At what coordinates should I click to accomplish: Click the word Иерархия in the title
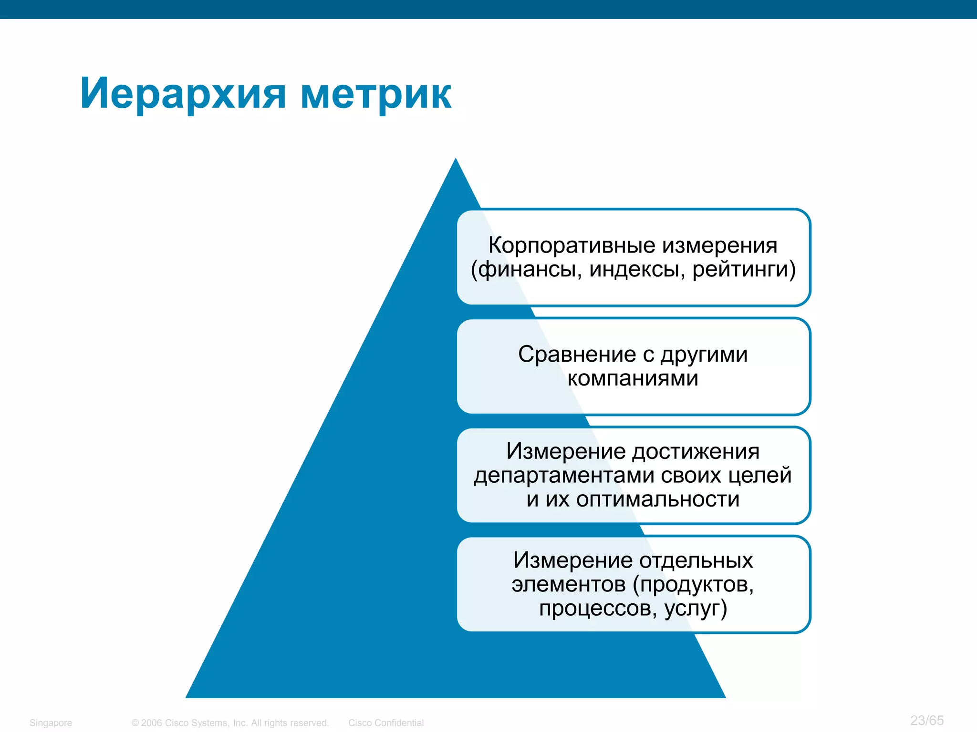tap(183, 94)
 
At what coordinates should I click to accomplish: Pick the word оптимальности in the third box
tap(658, 499)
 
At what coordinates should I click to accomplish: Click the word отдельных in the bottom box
tap(696, 560)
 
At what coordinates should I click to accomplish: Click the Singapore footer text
tap(51, 723)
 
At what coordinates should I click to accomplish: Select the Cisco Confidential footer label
tap(385, 723)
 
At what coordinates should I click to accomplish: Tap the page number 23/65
tap(926, 721)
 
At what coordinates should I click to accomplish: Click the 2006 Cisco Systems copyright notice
tap(230, 723)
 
